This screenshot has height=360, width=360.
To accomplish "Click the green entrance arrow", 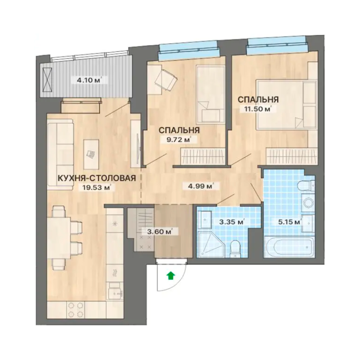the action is [x=170, y=275].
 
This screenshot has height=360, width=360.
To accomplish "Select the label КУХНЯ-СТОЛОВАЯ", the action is [x=97, y=178].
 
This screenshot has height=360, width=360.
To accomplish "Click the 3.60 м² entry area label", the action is [x=160, y=232].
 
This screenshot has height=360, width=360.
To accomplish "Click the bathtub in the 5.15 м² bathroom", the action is [x=289, y=247].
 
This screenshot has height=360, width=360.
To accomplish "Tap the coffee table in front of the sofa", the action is [x=91, y=154].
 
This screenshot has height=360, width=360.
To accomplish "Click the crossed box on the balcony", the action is [x=47, y=80].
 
